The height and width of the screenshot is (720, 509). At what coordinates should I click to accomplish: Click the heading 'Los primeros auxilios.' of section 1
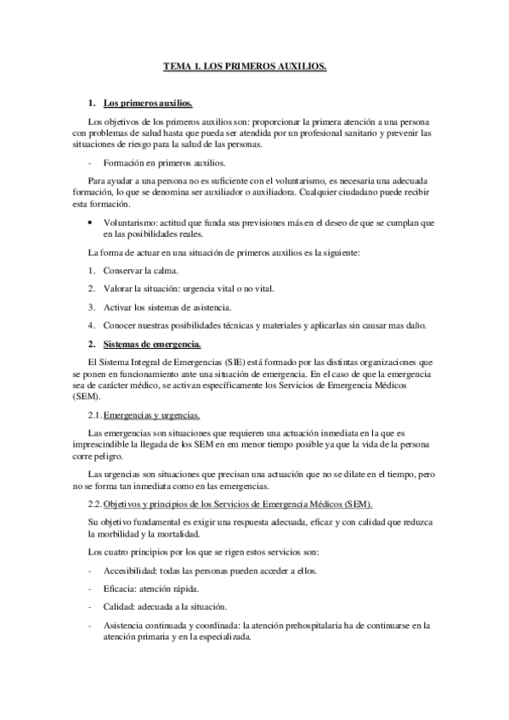click(x=148, y=104)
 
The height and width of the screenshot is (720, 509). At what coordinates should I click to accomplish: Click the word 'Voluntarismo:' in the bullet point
click(x=127, y=222)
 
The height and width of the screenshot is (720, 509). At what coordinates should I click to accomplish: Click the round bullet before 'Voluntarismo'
click(x=91, y=222)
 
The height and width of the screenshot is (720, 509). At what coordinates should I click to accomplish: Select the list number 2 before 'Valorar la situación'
click(x=91, y=288)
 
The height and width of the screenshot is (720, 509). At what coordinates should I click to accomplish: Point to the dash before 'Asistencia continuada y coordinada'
click(x=90, y=624)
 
